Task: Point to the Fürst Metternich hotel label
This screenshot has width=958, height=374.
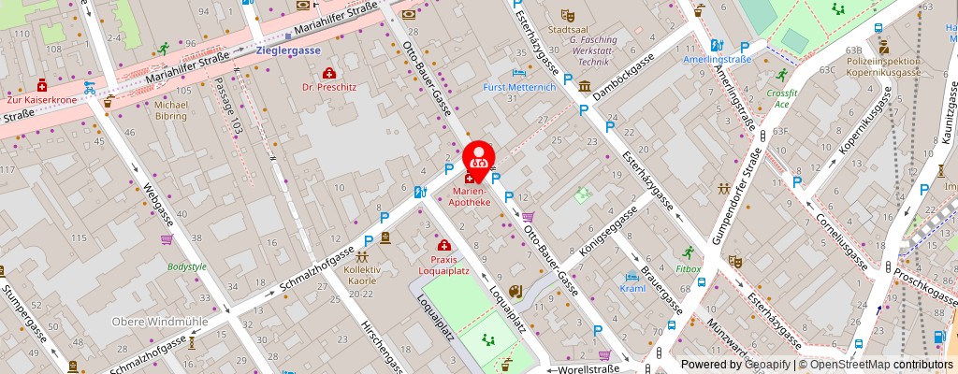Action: pyautogui.click(x=519, y=87)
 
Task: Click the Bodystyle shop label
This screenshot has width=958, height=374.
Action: pyautogui.click(x=186, y=266)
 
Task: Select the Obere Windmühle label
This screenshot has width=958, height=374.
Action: pyautogui.click(x=147, y=322)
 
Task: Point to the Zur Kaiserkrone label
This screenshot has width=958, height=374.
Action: pyautogui.click(x=40, y=98)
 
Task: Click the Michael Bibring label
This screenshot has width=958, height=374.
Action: pyautogui.click(x=171, y=110)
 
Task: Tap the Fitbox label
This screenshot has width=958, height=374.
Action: pyautogui.click(x=689, y=268)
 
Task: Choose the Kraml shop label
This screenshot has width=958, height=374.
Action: pyautogui.click(x=632, y=288)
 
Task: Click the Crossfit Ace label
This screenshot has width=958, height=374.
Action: pyautogui.click(x=780, y=99)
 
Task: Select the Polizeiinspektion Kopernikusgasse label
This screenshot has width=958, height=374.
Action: pyautogui.click(x=884, y=66)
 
